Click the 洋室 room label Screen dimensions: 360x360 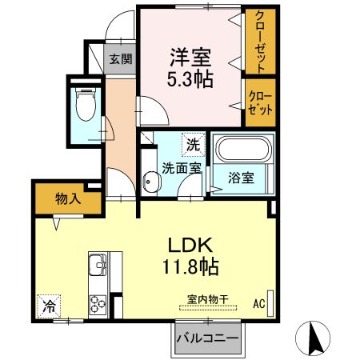pyautogui.click(x=189, y=58)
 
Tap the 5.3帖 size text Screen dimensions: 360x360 pyautogui.click(x=189, y=80)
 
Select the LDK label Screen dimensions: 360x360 pyautogui.click(x=188, y=246)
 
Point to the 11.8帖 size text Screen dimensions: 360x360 pyautogui.click(x=189, y=266)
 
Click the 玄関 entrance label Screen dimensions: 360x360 pyautogui.click(x=121, y=58)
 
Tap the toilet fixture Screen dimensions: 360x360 pyautogui.click(x=84, y=104)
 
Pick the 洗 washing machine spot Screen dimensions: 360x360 pyautogui.click(x=192, y=144)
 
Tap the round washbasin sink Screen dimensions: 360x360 pyautogui.click(x=150, y=182)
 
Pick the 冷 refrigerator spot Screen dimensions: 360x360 pyautogui.click(x=48, y=305)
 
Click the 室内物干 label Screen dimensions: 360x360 pyautogui.click(x=207, y=299)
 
